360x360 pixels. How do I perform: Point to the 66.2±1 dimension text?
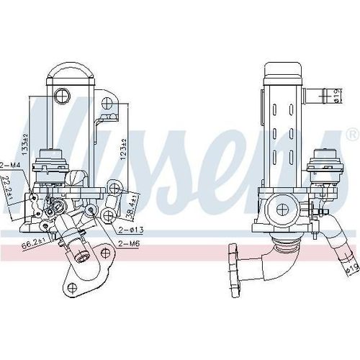click(33, 245)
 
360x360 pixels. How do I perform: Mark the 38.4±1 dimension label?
click(131, 207)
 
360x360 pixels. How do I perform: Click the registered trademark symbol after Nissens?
click(351, 135)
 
